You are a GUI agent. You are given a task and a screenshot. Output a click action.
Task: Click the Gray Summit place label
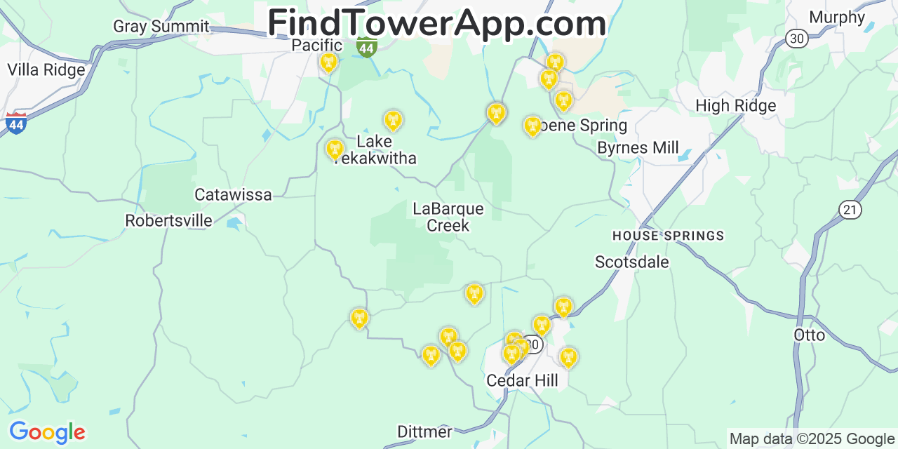[161, 27]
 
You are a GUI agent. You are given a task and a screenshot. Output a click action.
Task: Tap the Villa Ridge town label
[46, 69]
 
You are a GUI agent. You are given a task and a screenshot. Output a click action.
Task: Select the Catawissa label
[233, 194]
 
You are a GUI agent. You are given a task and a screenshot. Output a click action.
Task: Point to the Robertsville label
[168, 220]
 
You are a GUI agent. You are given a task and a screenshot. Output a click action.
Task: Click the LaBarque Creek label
[448, 217]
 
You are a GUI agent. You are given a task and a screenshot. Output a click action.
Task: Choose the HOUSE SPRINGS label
[668, 236]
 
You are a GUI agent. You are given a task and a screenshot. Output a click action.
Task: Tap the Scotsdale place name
[631, 262]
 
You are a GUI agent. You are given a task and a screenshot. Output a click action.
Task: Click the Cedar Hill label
[522, 380]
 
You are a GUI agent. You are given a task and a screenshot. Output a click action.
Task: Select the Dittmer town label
[424, 431]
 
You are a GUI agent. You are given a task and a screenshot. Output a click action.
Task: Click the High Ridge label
[735, 106]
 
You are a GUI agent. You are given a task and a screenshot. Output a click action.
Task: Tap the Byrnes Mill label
[638, 147]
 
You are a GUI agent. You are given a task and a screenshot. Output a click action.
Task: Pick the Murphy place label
[837, 17]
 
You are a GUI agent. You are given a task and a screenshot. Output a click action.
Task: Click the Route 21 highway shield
[850, 209]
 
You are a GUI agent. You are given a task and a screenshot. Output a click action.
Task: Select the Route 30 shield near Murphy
[796, 39]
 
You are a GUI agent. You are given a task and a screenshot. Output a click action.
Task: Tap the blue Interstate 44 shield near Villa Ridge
[15, 123]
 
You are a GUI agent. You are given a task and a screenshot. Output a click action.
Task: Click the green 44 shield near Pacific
[366, 47]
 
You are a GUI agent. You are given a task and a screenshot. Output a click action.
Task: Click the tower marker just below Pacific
[328, 62]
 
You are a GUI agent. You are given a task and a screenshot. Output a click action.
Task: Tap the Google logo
[46, 432]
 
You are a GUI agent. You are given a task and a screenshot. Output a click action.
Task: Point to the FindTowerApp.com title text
[436, 22]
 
